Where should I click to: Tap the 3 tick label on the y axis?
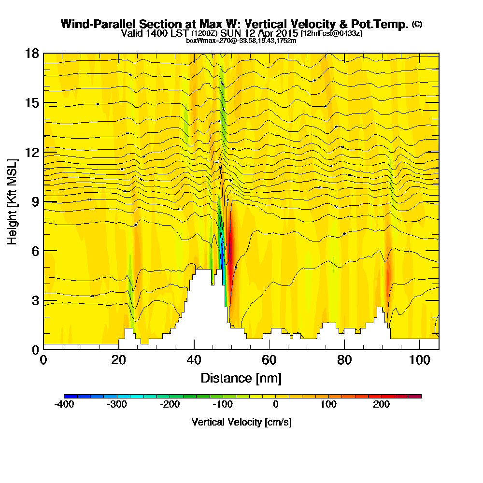point(34,300)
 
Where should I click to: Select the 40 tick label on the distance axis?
point(194,360)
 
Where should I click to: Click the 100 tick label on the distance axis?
point(420,360)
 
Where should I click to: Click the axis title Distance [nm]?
point(241,378)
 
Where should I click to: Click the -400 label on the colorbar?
point(64,404)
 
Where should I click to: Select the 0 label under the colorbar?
point(275,404)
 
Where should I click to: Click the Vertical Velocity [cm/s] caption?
point(241,422)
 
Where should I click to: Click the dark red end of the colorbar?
point(416,396)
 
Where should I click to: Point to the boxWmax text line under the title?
point(241,41)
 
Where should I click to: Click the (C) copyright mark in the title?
point(417,24)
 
